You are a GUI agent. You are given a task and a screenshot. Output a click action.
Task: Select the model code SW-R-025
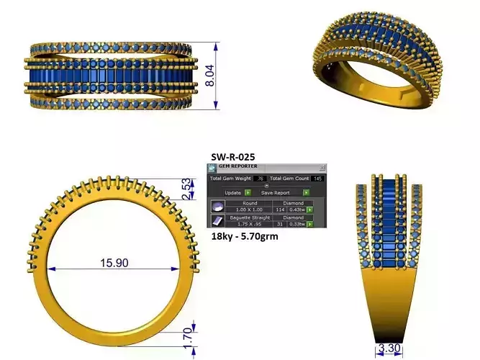pos(232,156)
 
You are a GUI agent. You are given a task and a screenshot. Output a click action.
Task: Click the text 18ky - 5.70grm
pos(243,235)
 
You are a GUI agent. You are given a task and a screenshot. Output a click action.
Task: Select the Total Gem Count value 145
pos(317,178)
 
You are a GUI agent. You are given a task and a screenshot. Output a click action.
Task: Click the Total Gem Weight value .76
pos(261,178)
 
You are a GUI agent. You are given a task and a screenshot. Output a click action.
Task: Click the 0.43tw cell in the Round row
pos(296,210)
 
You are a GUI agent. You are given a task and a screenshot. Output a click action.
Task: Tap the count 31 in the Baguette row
pos(280,224)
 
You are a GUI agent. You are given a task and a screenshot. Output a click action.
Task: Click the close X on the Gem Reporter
pos(323,166)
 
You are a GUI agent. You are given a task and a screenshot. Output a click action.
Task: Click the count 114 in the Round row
pos(280,210)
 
